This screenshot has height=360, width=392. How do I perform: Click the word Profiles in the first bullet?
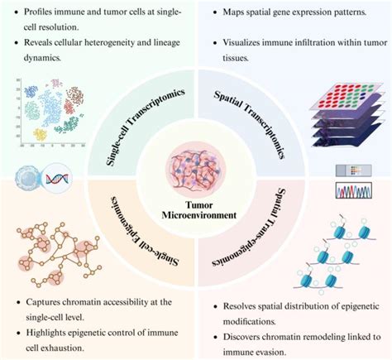pos(41,15)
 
